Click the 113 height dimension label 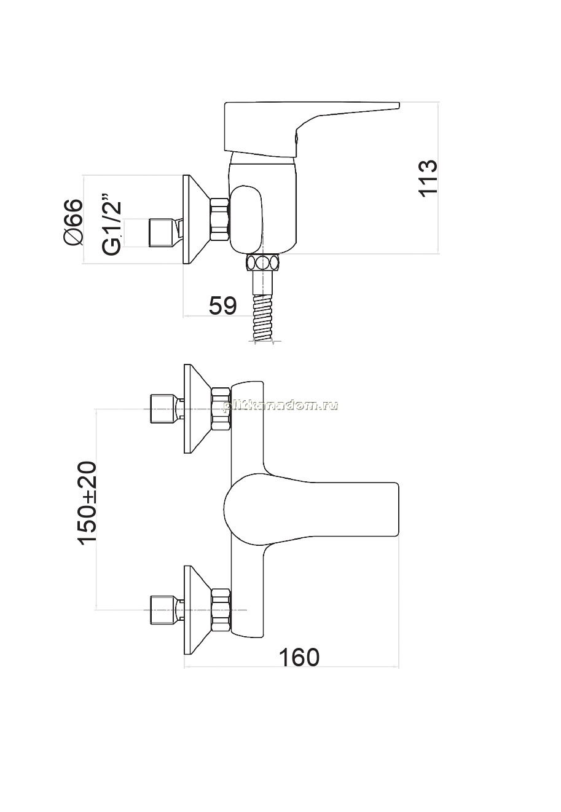click(x=428, y=178)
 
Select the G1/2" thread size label click(x=111, y=224)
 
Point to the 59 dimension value click(x=222, y=305)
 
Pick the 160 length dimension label click(x=299, y=657)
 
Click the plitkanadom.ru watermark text click(x=280, y=406)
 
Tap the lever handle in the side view click(x=312, y=130)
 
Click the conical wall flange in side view click(x=197, y=219)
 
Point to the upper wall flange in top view click(x=198, y=409)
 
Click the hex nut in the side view click(x=220, y=219)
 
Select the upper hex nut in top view click(x=221, y=409)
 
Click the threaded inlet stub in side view click(x=167, y=233)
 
